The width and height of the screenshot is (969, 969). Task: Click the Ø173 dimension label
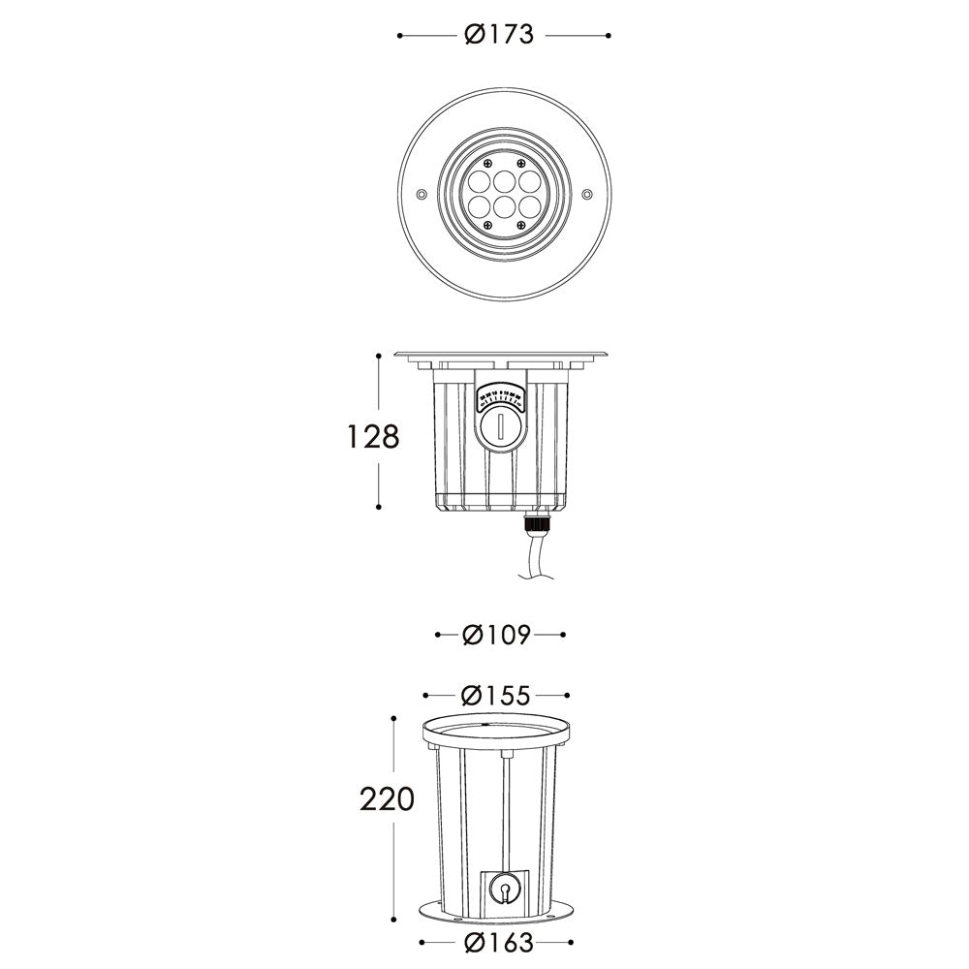(499, 35)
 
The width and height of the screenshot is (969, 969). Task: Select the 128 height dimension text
(374, 437)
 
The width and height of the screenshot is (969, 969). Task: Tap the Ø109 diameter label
(497, 636)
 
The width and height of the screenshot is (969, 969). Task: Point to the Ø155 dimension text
(496, 696)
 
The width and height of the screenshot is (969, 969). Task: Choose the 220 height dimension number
(387, 799)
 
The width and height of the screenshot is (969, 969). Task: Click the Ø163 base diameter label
(496, 942)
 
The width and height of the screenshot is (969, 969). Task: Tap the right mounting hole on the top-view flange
(586, 195)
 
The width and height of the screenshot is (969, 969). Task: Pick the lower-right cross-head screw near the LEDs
(520, 225)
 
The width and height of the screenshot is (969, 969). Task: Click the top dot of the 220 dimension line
(393, 718)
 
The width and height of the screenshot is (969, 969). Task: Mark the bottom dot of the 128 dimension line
(380, 506)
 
